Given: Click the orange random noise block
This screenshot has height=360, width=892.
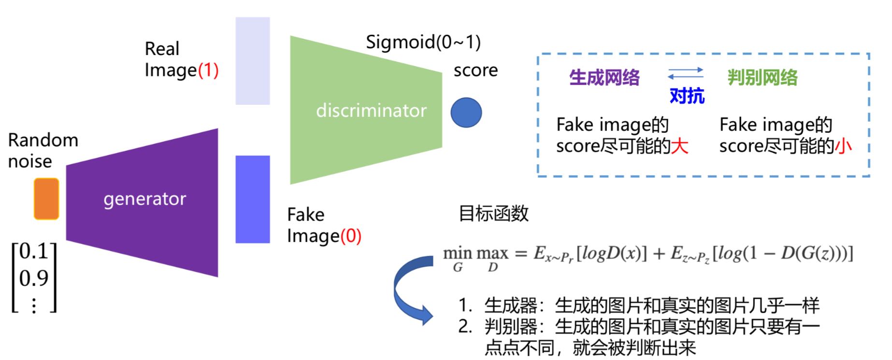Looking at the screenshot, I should pos(46,199).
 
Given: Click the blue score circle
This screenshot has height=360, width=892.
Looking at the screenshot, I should pos(466,113).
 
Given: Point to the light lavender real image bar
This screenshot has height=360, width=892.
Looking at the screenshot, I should pos(252,61).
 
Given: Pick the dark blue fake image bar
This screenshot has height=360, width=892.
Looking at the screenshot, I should pos(252,199).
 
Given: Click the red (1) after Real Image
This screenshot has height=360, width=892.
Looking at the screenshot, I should pos(208,71).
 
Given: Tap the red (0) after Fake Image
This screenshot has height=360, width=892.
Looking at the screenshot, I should pos(351,236).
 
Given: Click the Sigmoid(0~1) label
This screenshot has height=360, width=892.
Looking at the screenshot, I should pos(423,43).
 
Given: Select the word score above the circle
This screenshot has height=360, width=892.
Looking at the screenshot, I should pos(475,71).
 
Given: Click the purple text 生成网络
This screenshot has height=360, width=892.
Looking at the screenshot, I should pos(604,77).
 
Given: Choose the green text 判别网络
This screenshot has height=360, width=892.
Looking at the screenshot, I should pos(763,77).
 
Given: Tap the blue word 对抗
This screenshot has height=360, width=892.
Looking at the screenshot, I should pos(687,96).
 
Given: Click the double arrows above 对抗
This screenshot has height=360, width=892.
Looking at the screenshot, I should pos(685,73).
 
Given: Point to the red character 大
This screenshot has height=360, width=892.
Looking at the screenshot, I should pos(679,146).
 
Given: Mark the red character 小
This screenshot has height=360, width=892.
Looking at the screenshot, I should pos(844,146).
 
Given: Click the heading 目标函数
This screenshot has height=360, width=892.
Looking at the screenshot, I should pos(493,213).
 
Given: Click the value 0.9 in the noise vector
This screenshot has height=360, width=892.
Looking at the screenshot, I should pos(34,278).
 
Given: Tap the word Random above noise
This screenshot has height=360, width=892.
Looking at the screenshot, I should pos(43,140).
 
